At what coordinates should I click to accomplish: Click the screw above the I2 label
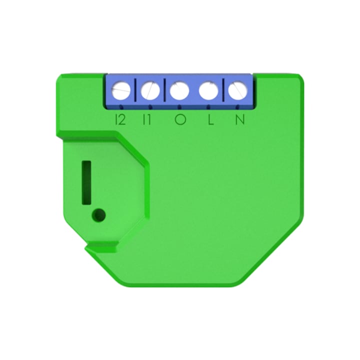121,91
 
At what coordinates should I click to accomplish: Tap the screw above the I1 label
150,91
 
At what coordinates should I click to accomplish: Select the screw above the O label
179,91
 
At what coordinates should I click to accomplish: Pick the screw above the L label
208,91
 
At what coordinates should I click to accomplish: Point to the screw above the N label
237,91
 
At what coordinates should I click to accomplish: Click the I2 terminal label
120,119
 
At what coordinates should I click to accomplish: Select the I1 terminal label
148,119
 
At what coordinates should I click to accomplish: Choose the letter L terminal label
212,119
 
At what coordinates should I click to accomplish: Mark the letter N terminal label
240,119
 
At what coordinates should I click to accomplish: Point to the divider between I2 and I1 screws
136,91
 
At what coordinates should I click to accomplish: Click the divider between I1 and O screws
164,91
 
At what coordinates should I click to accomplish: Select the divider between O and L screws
193,91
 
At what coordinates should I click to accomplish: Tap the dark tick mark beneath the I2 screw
122,106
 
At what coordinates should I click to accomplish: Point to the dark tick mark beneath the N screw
237,106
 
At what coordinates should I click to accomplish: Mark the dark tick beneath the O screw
179,106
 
